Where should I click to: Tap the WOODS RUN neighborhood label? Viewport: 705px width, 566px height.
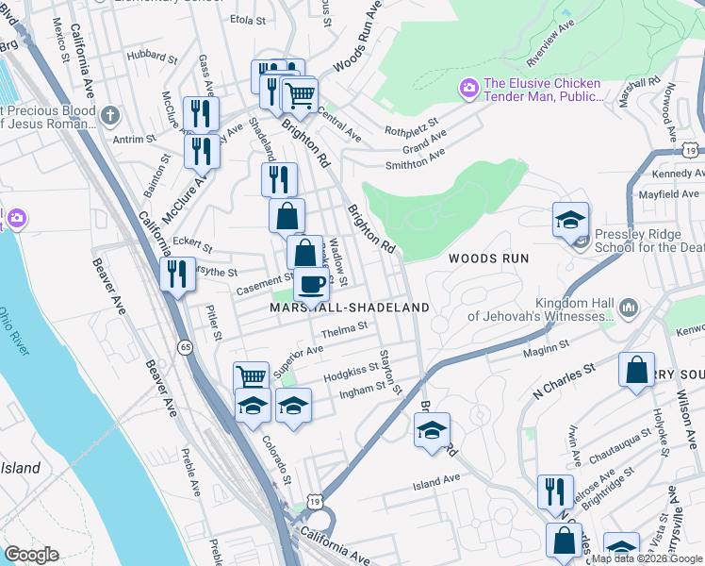pyautogui.click(x=487, y=258)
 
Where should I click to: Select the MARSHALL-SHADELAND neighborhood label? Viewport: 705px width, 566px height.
pyautogui.click(x=350, y=308)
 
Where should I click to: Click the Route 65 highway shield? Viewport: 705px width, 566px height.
pyautogui.click(x=185, y=348)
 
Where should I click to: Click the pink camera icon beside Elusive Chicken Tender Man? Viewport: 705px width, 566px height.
pyautogui.click(x=468, y=89)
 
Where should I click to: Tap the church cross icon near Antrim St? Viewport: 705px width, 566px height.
pyautogui.click(x=110, y=115)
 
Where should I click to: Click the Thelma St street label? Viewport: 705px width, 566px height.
pyautogui.click(x=343, y=330)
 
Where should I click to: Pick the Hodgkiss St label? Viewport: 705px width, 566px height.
pyautogui.click(x=351, y=375)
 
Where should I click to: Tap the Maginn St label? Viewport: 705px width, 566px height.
pyautogui.click(x=547, y=352)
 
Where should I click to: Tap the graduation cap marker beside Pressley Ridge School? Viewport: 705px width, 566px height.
pyautogui.click(x=570, y=220)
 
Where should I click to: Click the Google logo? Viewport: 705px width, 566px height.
pyautogui.click(x=31, y=555)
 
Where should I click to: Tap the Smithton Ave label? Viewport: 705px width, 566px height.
pyautogui.click(x=415, y=158)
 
